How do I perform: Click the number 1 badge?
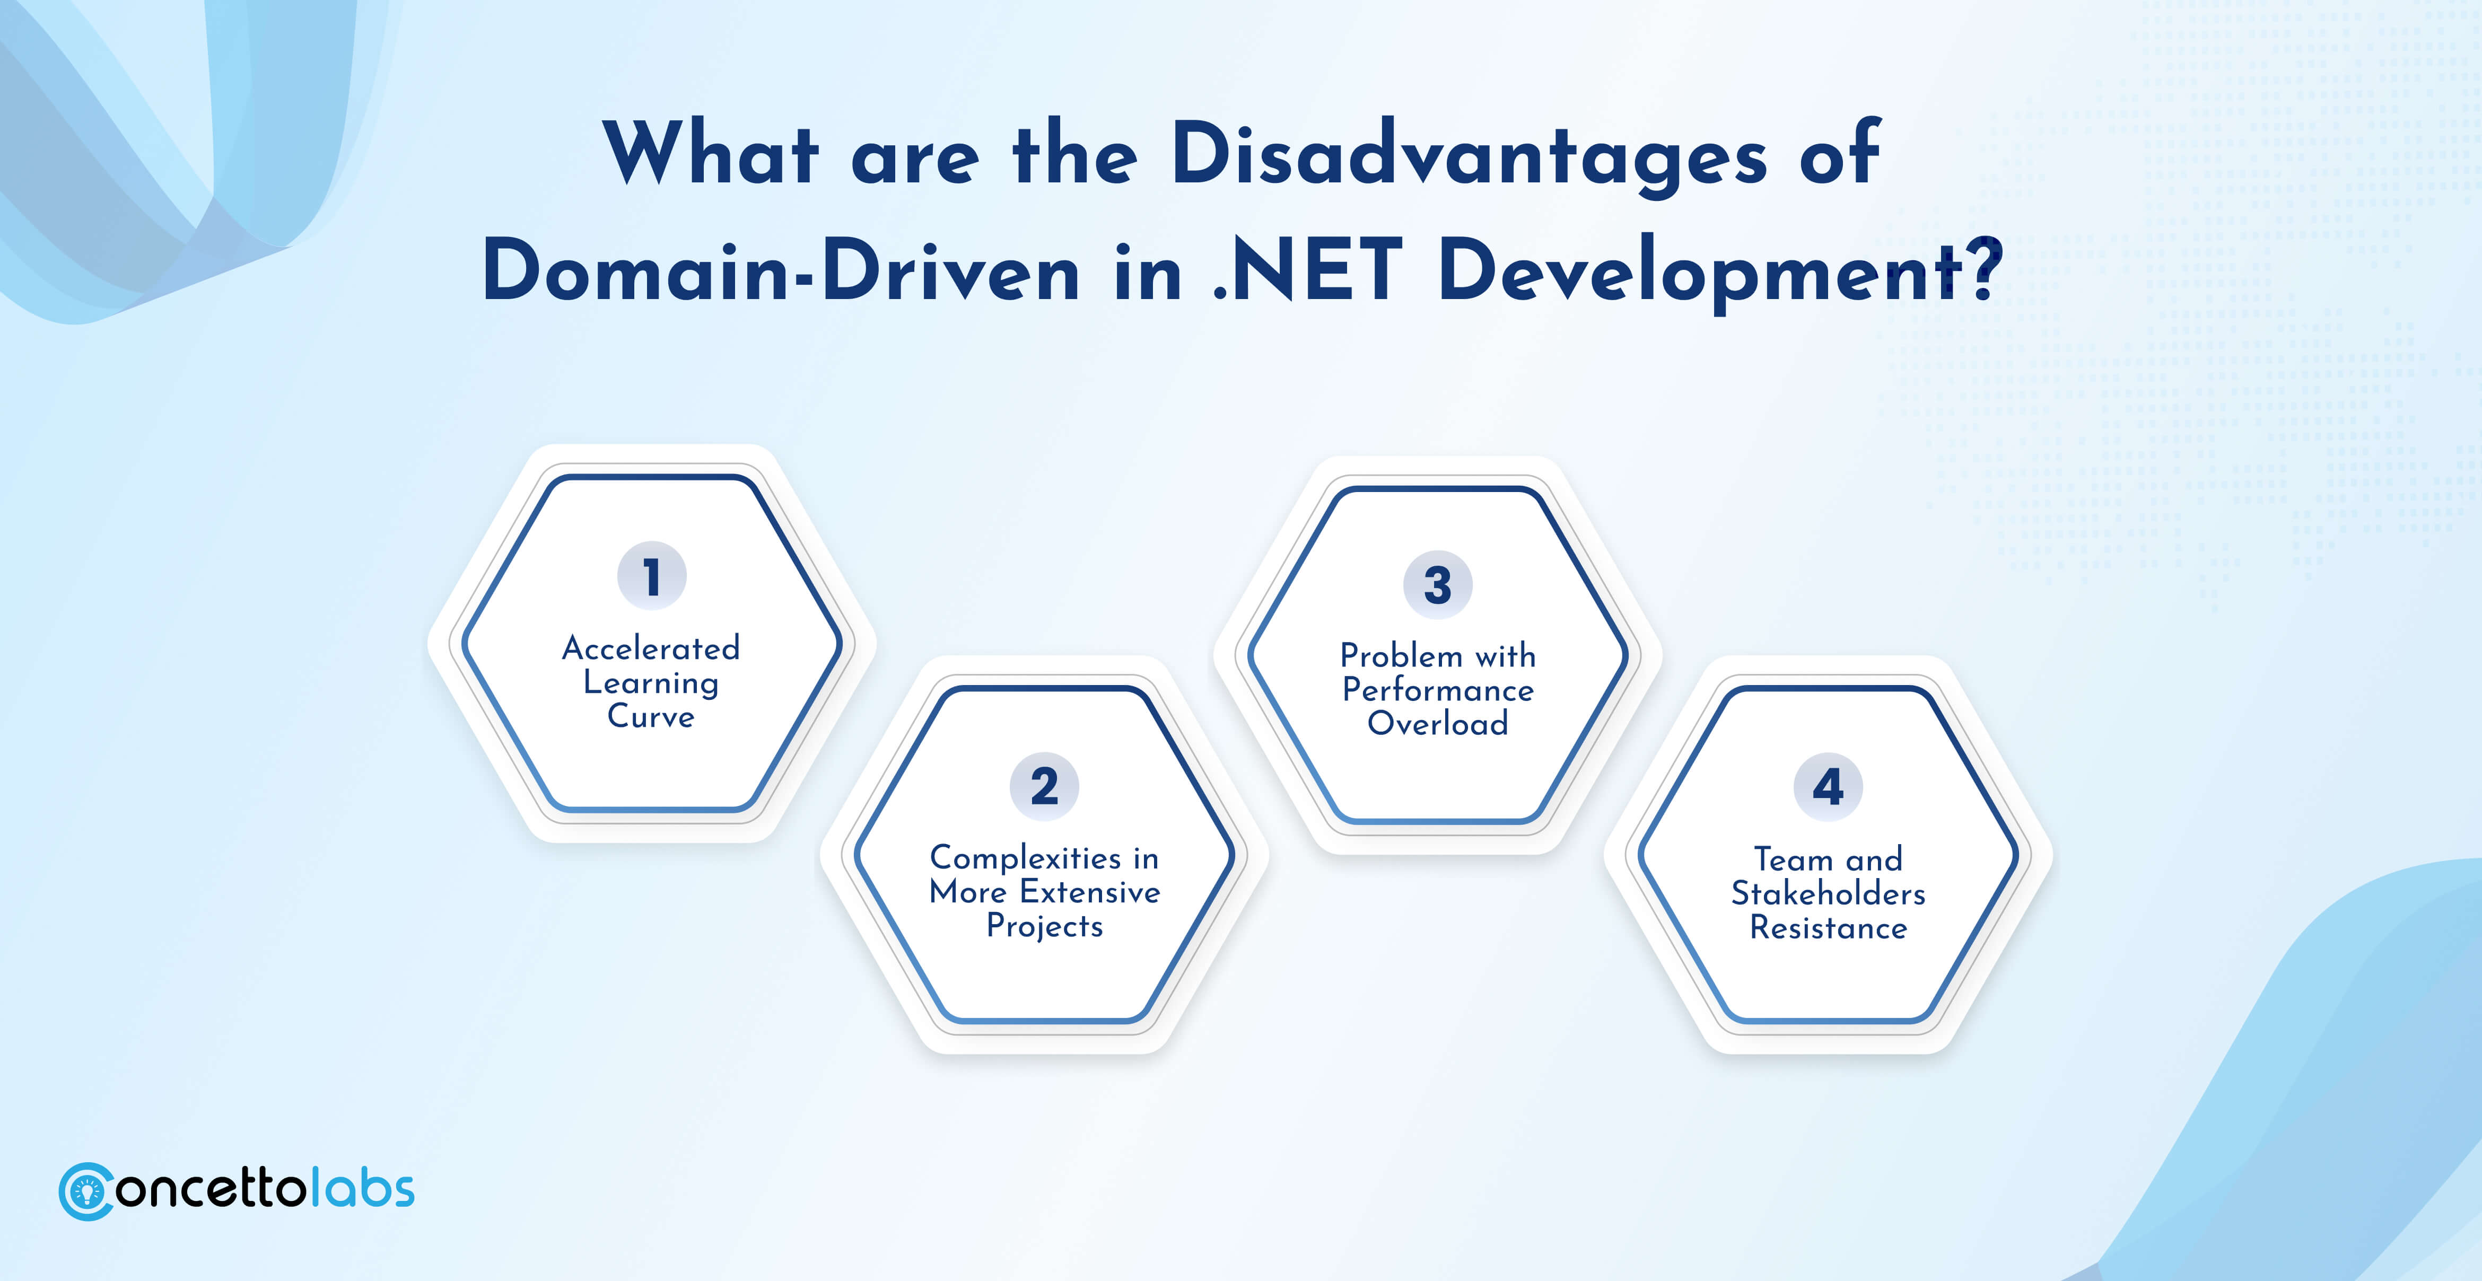651,576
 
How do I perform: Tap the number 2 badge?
1044,786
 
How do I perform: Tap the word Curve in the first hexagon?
651,717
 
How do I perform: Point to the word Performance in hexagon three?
1438,690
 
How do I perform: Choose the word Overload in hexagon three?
1438,723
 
